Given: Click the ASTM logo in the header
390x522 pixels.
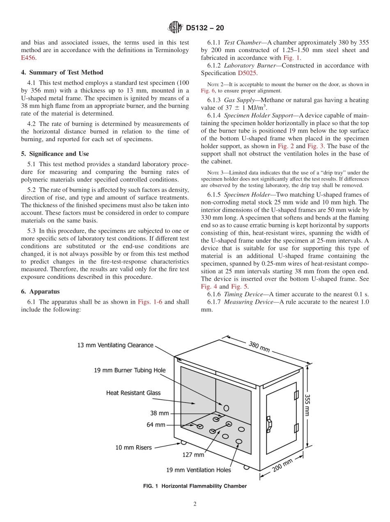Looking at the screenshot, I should [175, 28].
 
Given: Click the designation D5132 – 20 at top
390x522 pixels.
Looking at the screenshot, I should [205, 28].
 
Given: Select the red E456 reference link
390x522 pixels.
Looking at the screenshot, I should [28, 58].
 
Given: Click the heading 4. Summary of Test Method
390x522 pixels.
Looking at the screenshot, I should [62, 73].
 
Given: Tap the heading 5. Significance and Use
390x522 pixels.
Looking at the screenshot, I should [55, 154].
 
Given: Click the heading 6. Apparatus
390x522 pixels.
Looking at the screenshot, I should [40, 291].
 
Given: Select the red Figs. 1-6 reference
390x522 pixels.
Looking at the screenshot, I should [150, 302].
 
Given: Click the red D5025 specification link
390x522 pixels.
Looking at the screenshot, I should [247, 73].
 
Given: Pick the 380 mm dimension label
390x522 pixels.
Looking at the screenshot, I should [259, 347].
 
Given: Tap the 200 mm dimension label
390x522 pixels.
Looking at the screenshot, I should [282, 465].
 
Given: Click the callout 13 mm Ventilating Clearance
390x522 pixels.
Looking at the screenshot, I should [115, 345].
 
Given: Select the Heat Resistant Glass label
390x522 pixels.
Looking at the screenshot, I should [133, 393].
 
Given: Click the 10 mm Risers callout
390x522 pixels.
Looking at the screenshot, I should [133, 447].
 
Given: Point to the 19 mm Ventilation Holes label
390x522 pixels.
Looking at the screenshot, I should [198, 470].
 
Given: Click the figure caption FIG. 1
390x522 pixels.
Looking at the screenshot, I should [195, 486].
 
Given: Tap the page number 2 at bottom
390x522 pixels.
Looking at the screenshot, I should [195, 504].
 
